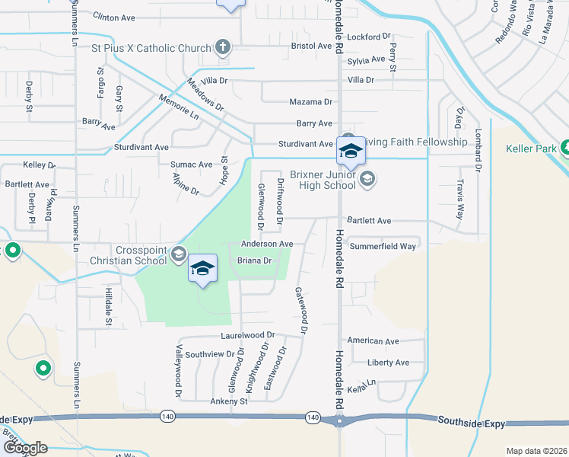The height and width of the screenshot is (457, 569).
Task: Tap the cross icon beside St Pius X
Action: [x=223, y=48]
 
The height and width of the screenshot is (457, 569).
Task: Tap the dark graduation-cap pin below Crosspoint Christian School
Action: [x=203, y=269]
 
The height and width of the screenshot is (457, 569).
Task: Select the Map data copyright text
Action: [x=536, y=451]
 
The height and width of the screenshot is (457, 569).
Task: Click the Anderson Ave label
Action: [x=266, y=244]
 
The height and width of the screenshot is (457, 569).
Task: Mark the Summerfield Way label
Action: [x=382, y=246]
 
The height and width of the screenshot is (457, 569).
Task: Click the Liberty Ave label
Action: [x=388, y=363]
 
